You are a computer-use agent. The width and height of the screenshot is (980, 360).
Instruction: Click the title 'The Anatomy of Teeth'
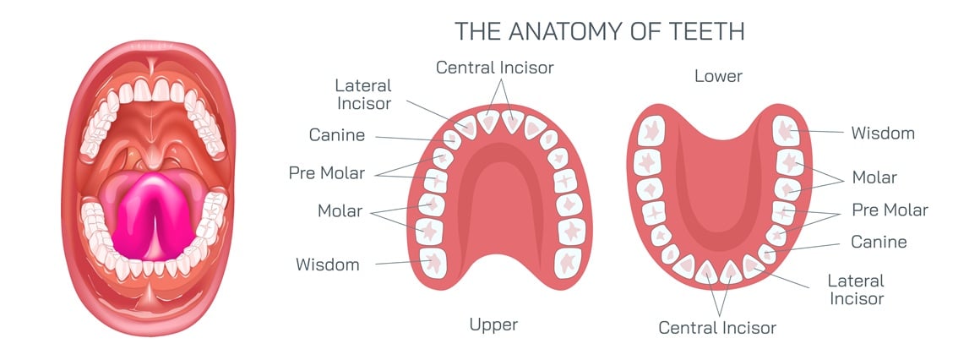click(x=600, y=31)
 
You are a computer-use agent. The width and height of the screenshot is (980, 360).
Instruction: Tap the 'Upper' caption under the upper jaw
click(x=493, y=324)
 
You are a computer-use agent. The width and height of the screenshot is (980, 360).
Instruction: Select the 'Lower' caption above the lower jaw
click(x=718, y=76)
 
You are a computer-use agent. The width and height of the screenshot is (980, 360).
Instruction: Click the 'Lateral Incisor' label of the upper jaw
click(x=363, y=95)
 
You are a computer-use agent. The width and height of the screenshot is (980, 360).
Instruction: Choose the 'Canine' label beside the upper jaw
click(x=337, y=135)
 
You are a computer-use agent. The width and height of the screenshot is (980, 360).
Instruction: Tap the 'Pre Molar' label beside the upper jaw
click(x=327, y=173)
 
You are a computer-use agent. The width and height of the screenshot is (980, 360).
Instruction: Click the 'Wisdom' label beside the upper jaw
click(x=328, y=265)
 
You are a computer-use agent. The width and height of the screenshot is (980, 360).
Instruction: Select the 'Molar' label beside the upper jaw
click(x=339, y=210)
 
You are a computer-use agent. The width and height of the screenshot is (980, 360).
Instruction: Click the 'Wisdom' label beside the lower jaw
click(x=882, y=134)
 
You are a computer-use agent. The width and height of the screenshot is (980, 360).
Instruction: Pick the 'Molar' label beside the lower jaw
click(x=874, y=177)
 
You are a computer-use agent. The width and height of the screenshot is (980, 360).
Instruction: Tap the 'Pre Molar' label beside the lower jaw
click(x=889, y=210)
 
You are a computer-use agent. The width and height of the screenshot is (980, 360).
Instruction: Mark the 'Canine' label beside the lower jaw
click(x=879, y=243)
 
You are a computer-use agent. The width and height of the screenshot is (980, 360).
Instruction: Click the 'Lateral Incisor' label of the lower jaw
click(x=856, y=289)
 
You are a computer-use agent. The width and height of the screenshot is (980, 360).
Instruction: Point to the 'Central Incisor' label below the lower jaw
click(x=717, y=326)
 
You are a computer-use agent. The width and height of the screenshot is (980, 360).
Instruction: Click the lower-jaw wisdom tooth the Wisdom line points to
click(x=787, y=130)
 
